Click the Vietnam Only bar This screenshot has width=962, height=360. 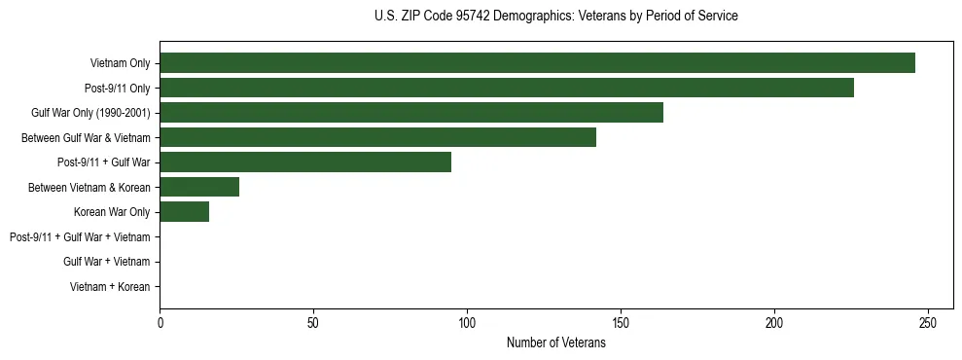(x=537, y=63)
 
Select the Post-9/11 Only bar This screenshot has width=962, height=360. (x=507, y=89)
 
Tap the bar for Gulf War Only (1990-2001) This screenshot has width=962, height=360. (x=411, y=113)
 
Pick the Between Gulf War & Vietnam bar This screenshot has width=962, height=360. (x=377, y=138)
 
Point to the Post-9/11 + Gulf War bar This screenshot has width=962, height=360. (x=305, y=162)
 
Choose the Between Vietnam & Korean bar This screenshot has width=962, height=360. (x=199, y=187)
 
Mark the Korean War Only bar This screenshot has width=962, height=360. (x=184, y=212)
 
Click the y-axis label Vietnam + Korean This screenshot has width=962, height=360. (x=109, y=287)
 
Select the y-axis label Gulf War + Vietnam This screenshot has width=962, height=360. (x=106, y=262)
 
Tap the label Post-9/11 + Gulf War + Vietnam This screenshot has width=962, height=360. (x=80, y=237)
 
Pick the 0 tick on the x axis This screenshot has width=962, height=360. (x=160, y=322)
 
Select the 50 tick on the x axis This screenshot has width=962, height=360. (x=313, y=322)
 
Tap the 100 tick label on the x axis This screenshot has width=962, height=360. (x=467, y=322)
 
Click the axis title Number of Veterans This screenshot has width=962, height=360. (x=555, y=342)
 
